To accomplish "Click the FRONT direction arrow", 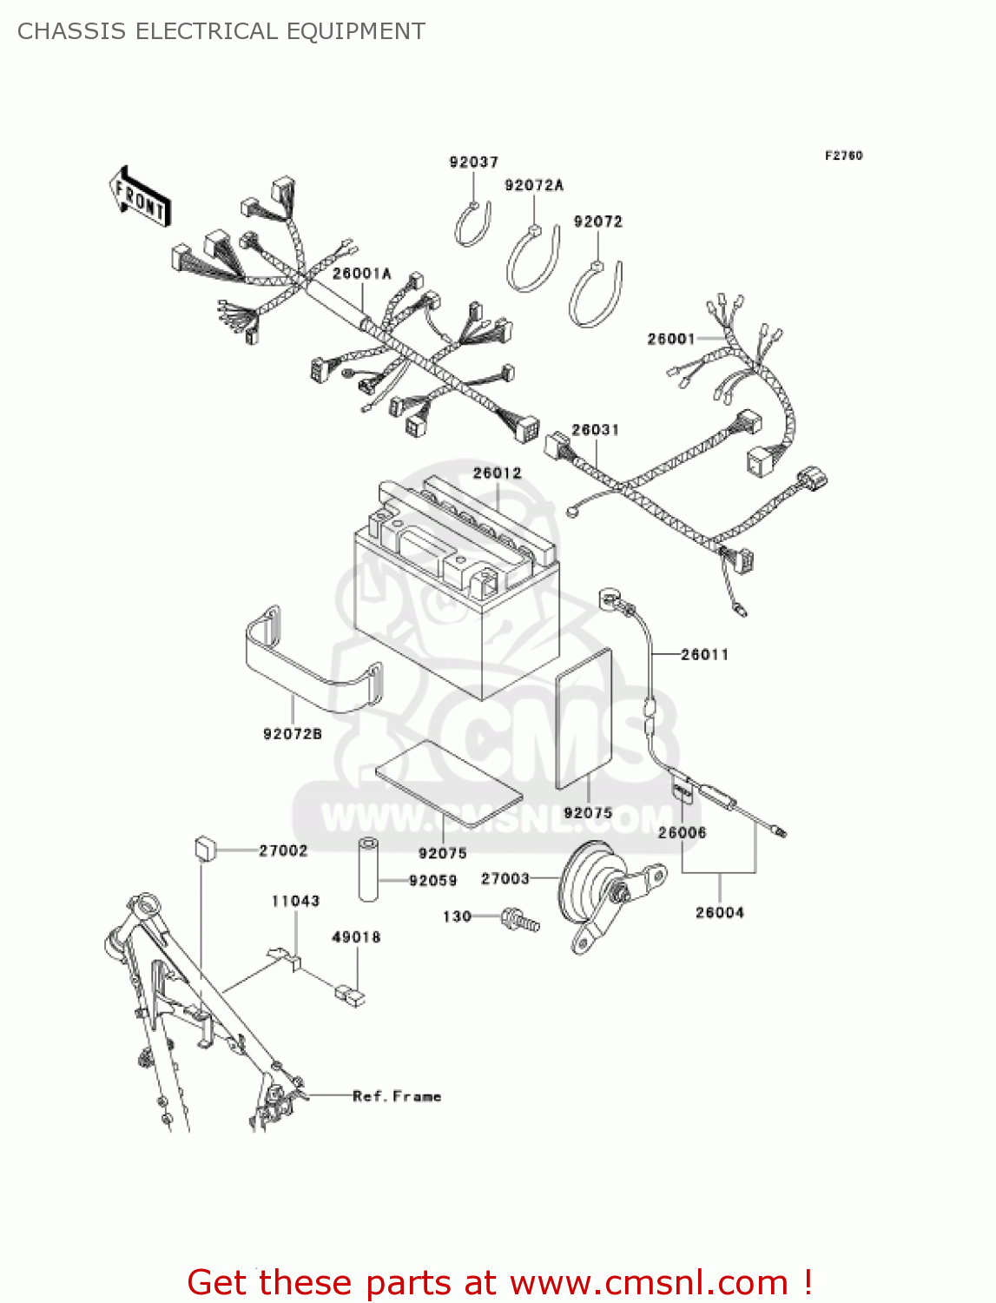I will pyautogui.click(x=139, y=198).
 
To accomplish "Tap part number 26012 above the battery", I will pyautogui.click(x=497, y=473).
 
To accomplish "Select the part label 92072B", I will pyautogui.click(x=293, y=734).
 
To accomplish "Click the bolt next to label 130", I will pyautogui.click(x=519, y=919).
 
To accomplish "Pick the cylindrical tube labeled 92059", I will pyautogui.click(x=369, y=870).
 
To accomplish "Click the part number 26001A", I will pyautogui.click(x=361, y=274).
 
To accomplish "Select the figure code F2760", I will pyautogui.click(x=843, y=155).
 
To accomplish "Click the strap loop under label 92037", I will pyautogui.click(x=473, y=224).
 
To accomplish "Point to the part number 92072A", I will pyautogui.click(x=534, y=185).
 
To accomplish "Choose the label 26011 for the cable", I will pyautogui.click(x=704, y=654).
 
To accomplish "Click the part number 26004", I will pyautogui.click(x=719, y=912).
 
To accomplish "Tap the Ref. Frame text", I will pyautogui.click(x=397, y=1096).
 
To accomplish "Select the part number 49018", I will pyautogui.click(x=356, y=937).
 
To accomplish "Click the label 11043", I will pyautogui.click(x=295, y=901).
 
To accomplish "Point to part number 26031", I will pyautogui.click(x=595, y=430).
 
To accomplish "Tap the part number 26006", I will pyautogui.click(x=682, y=832).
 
